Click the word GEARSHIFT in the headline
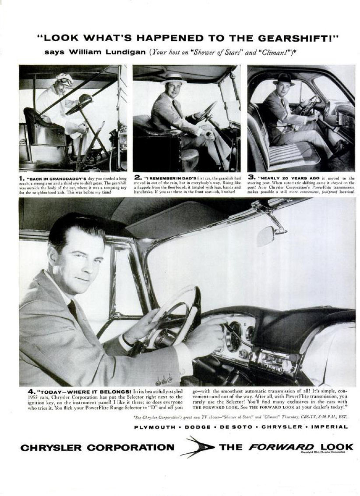(299, 38)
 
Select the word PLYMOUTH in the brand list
(155, 426)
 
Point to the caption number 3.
(251, 177)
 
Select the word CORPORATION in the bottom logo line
(130, 447)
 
